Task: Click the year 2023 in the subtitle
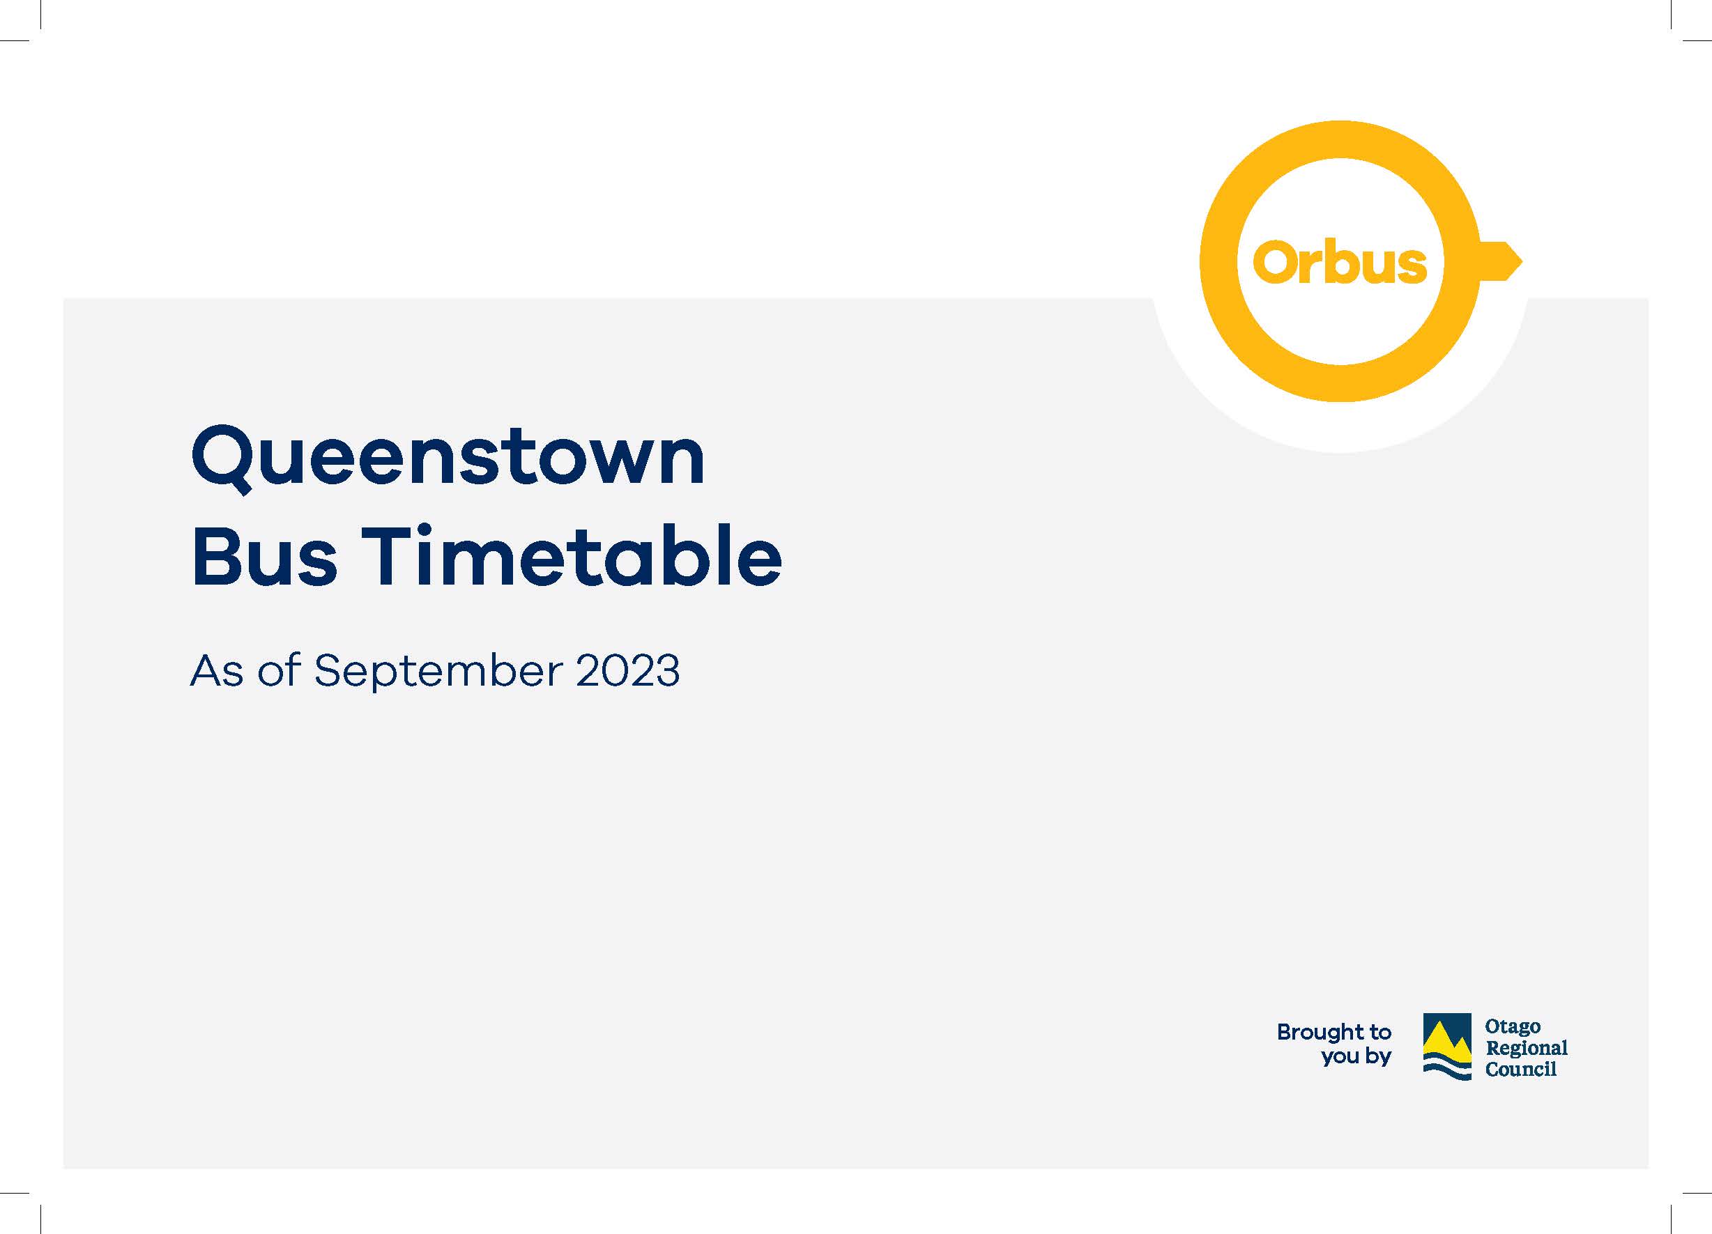click(627, 670)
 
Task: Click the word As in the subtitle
click(217, 670)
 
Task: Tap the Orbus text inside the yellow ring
click(1340, 263)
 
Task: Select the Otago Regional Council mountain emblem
click(1447, 1047)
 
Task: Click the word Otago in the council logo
click(1513, 1027)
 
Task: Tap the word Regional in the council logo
click(1527, 1049)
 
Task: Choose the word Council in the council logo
click(1520, 1069)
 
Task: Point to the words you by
click(1356, 1056)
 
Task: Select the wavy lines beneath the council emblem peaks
click(1447, 1070)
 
